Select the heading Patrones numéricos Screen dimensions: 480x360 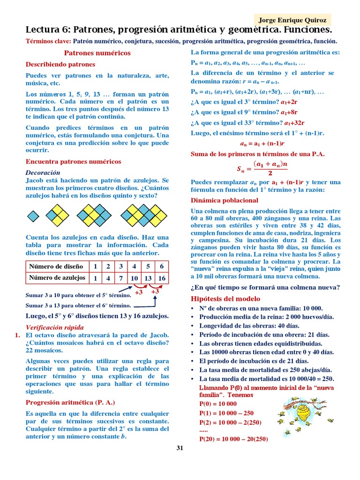click(97, 53)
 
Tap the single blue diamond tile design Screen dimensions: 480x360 click(33, 216)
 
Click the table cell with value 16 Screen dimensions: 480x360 click(162, 278)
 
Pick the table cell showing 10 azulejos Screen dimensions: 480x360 click(135, 278)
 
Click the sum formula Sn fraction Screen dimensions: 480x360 click(262, 168)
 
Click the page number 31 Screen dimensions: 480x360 click(180, 448)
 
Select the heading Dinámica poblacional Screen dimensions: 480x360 click(224, 200)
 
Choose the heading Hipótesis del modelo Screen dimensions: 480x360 click(225, 299)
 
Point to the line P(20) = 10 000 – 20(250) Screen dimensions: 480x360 click(233, 439)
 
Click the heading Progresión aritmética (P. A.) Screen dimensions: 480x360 click(70, 402)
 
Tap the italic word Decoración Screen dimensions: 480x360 click(43, 172)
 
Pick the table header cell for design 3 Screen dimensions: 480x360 click(121, 266)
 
